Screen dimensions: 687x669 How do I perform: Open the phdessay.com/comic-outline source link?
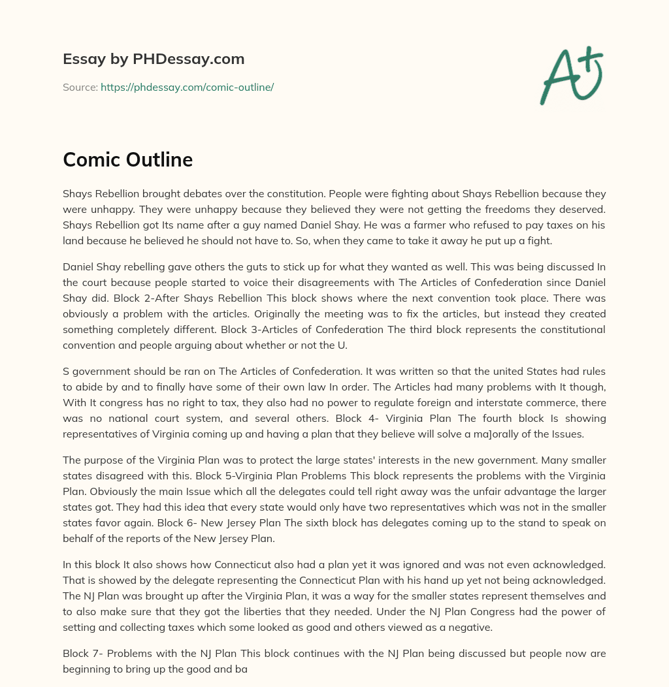(x=187, y=87)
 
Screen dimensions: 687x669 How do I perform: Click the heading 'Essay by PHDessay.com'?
(x=154, y=59)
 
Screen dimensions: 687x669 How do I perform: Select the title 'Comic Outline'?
(x=127, y=159)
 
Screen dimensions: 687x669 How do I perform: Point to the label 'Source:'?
(x=80, y=87)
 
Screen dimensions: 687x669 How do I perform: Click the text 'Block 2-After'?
(x=122, y=298)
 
